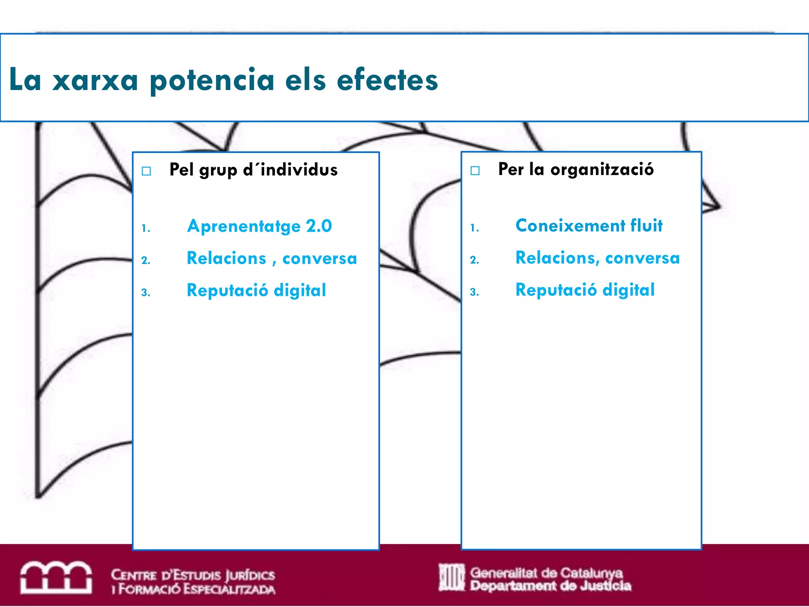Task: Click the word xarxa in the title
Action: (x=95, y=80)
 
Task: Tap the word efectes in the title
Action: (x=387, y=80)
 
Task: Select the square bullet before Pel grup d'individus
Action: (x=147, y=171)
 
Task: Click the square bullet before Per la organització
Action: (x=475, y=170)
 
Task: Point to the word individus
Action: (x=299, y=170)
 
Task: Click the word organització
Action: (x=602, y=170)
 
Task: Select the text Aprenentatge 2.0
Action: (x=260, y=226)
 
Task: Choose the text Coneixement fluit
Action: (x=589, y=226)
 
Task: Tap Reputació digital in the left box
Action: (x=256, y=290)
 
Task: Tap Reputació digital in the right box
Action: (x=585, y=290)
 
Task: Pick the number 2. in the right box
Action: (x=474, y=260)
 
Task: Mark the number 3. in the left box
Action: (x=146, y=293)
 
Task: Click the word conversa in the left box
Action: (x=320, y=258)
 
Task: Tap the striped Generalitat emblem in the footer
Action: (x=452, y=577)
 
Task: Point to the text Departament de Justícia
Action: (x=550, y=586)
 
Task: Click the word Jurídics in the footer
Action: (x=250, y=575)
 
